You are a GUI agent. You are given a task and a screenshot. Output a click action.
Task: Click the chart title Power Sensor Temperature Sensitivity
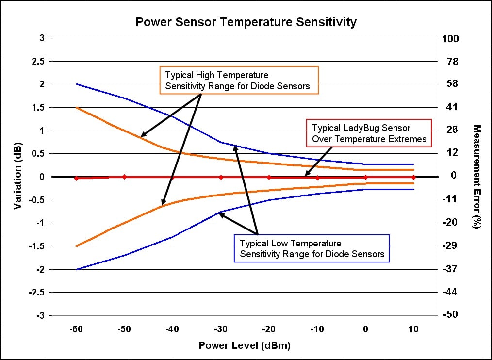[x=246, y=22]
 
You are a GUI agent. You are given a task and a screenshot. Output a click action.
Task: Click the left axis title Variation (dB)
[x=17, y=177]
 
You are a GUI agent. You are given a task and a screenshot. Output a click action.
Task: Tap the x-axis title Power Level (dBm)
[x=245, y=345]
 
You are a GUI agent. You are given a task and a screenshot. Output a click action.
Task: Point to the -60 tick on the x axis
[x=76, y=329]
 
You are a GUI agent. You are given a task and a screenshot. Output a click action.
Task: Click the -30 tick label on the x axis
[x=221, y=329]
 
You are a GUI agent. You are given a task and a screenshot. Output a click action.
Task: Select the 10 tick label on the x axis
[x=413, y=329]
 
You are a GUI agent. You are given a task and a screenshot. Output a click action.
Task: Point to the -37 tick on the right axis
[x=451, y=269]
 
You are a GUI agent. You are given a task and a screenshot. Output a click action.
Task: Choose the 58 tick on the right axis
[x=451, y=84]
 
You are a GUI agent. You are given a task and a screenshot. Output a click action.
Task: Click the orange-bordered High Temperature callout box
[x=239, y=81]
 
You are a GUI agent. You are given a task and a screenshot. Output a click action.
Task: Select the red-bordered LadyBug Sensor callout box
[x=369, y=133]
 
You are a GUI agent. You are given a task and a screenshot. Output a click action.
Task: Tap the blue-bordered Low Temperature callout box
[x=312, y=248]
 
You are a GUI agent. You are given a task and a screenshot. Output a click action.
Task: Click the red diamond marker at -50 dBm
[x=124, y=177]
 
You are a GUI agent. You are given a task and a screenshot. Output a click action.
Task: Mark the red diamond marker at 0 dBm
[x=365, y=177]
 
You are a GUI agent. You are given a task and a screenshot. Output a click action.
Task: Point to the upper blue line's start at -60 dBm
[x=77, y=84]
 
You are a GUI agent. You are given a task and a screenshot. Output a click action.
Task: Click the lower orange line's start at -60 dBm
[x=77, y=246]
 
